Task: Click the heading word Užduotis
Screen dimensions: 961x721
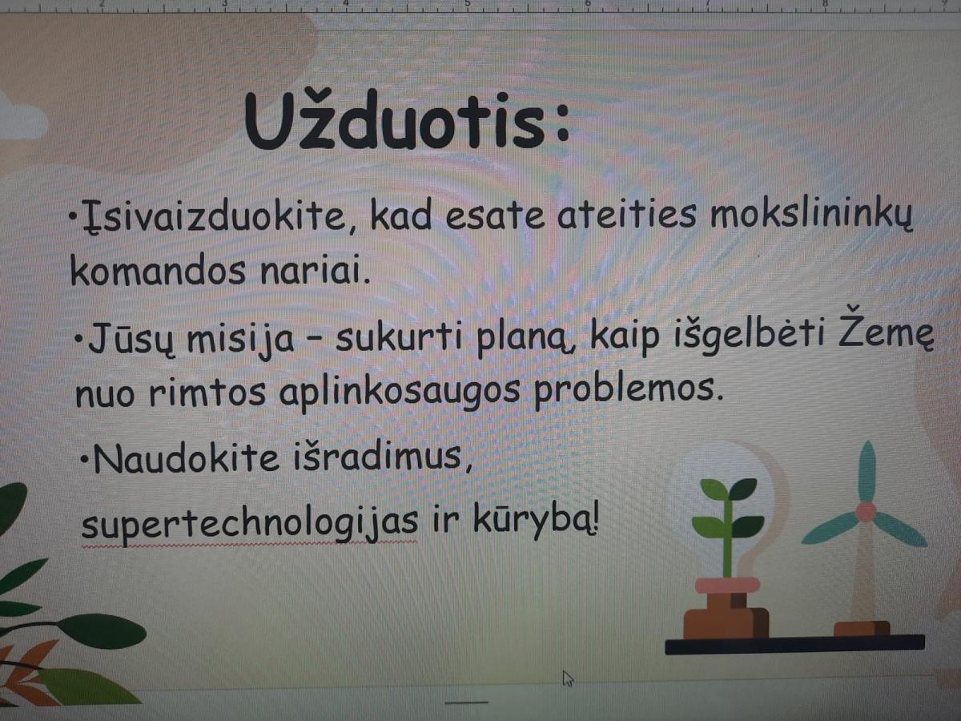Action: (x=407, y=119)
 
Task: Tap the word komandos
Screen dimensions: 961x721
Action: (x=157, y=270)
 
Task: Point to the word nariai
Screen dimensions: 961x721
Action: (x=315, y=270)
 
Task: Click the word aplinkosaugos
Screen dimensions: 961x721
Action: (x=400, y=392)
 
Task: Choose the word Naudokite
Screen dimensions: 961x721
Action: (x=186, y=457)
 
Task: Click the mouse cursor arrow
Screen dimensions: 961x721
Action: (x=568, y=678)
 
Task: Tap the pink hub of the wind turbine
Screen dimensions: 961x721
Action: (x=866, y=512)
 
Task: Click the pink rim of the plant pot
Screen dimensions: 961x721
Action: (x=727, y=586)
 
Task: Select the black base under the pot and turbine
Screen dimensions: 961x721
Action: (x=794, y=644)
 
